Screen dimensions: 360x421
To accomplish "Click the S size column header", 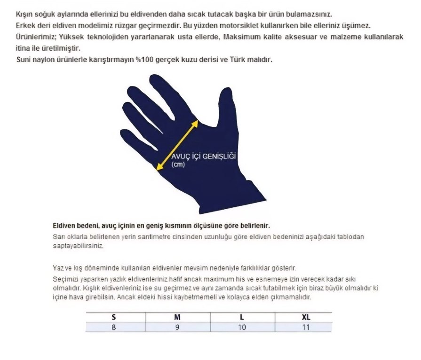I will click(x=113, y=317).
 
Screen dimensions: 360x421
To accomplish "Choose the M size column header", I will click(x=177, y=317).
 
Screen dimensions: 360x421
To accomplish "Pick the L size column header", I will click(x=242, y=317).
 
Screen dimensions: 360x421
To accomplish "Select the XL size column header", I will click(x=306, y=317).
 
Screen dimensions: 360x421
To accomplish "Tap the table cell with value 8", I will click(x=113, y=327).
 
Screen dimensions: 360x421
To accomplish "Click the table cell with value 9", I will click(x=177, y=327).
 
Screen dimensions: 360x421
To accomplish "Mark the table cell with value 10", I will click(x=242, y=327).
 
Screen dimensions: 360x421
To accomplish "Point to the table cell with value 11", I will click(x=306, y=327).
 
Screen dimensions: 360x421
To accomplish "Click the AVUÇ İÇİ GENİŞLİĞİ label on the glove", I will click(x=203, y=157).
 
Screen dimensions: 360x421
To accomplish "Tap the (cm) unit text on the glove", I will click(x=178, y=164).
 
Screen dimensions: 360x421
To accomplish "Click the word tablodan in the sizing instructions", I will click(x=350, y=237).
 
